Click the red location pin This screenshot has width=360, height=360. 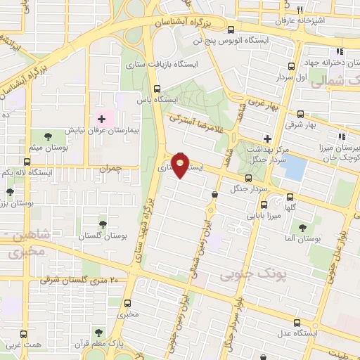pyautogui.click(x=181, y=166)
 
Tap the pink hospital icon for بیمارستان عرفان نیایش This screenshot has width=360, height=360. pyautogui.click(x=101, y=119)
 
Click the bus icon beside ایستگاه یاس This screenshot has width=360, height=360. pyautogui.click(x=156, y=89)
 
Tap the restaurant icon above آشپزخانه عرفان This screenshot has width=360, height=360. pyautogui.click(x=301, y=11)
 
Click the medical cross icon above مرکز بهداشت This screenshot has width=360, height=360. pyautogui.click(x=267, y=138)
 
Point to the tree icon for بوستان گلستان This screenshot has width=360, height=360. pyautogui.click(x=103, y=222)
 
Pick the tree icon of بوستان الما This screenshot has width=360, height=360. pyautogui.click(x=302, y=228)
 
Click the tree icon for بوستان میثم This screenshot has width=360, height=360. pyautogui.click(x=48, y=136)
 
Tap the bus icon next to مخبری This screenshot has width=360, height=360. pyautogui.click(x=127, y=304)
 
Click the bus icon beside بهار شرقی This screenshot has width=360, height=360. pyautogui.click(x=301, y=113)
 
